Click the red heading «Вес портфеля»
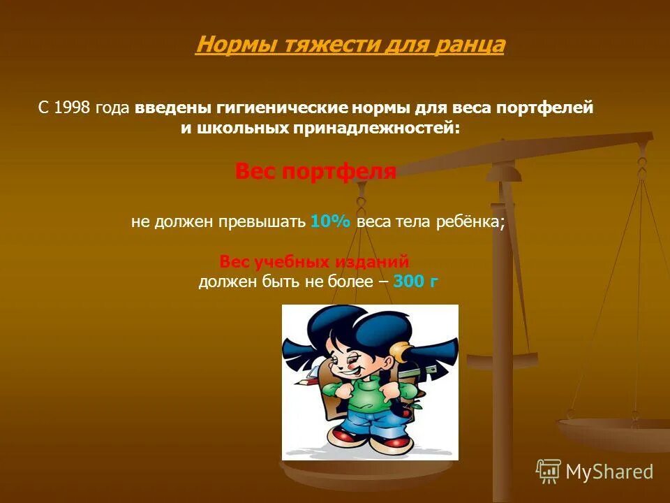(315, 171)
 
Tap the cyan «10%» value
(332, 221)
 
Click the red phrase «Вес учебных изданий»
(314, 262)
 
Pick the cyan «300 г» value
(416, 282)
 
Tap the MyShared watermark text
(609, 472)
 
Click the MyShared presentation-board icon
(549, 472)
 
